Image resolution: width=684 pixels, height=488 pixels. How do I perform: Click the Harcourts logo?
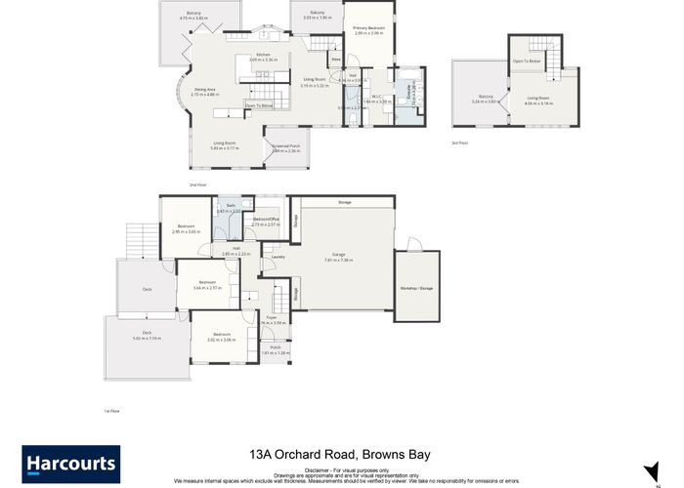[70, 464]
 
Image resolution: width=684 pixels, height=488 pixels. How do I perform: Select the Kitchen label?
[263, 55]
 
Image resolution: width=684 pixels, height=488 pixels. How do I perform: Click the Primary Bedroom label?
[369, 28]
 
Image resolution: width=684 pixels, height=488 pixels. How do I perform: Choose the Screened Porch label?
[286, 145]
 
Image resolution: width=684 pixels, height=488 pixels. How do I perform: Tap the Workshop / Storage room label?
[416, 289]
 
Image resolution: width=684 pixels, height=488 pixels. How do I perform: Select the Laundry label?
[278, 257]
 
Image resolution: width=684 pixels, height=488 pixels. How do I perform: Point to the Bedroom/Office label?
[266, 220]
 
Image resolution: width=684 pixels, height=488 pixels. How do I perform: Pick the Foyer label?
[274, 317]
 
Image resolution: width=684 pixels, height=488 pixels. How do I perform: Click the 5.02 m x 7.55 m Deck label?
[147, 333]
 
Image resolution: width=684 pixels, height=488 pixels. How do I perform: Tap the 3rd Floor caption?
[460, 142]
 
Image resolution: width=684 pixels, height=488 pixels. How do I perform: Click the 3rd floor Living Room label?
[539, 98]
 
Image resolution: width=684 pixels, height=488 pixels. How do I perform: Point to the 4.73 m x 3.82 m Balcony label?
[195, 15]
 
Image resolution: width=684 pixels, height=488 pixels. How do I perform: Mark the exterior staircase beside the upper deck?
[138, 239]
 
